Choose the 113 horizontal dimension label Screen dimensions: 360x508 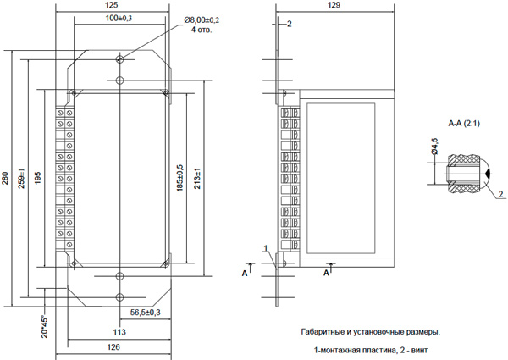[119, 331]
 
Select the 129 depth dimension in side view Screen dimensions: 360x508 [336, 6]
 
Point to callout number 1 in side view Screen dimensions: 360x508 [265, 247]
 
